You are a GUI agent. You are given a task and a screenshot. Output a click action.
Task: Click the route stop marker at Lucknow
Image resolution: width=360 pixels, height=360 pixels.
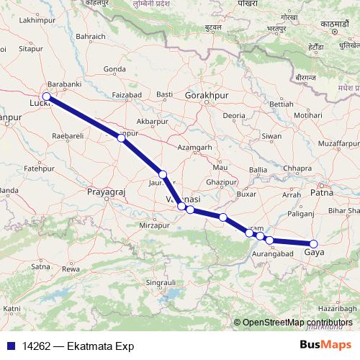[x=46, y=96]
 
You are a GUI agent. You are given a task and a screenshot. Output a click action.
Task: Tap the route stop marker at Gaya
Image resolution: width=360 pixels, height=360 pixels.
[x=313, y=244]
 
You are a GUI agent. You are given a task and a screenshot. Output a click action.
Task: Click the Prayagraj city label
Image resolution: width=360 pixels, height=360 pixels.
[x=107, y=194]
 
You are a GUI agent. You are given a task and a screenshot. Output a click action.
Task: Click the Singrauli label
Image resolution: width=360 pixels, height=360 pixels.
[x=163, y=283]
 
